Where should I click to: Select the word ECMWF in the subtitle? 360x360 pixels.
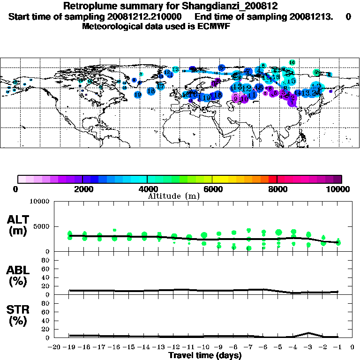coord(215,26)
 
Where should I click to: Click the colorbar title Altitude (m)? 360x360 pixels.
coord(173,196)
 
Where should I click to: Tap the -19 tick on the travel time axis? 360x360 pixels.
coord(69,347)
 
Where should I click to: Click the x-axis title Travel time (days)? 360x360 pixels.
coord(205,356)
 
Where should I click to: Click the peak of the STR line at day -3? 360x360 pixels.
coord(308,333)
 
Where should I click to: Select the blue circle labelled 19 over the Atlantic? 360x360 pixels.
coord(138,94)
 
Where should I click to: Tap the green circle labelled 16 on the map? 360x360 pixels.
coord(292,62)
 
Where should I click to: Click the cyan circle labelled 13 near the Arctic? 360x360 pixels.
coord(175,70)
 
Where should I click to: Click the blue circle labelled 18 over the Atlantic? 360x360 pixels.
coord(151,91)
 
